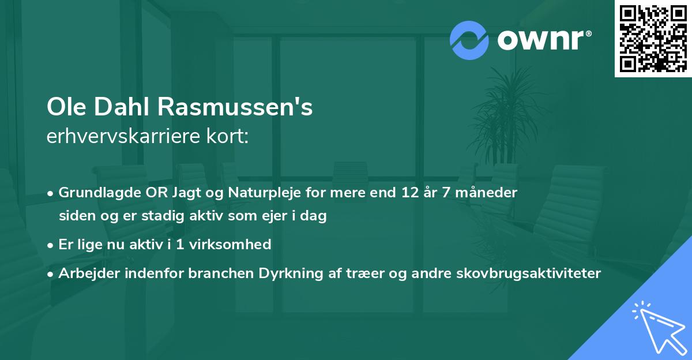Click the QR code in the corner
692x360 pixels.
click(x=652, y=39)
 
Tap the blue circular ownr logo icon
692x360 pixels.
click(x=469, y=40)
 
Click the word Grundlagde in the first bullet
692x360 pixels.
click(x=98, y=193)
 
